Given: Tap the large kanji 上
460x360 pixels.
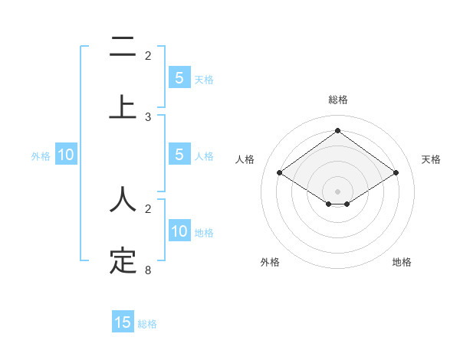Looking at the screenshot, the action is click(x=123, y=107).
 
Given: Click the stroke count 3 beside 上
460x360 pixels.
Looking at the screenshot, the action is click(x=148, y=117).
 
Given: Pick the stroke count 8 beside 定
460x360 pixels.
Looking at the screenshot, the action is click(x=148, y=270).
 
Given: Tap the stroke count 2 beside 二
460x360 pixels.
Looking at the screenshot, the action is click(x=148, y=55).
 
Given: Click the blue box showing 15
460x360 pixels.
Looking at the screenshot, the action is click(x=123, y=322).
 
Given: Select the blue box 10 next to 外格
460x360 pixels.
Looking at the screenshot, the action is click(x=66, y=155).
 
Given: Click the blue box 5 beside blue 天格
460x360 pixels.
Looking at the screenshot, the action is click(x=179, y=78).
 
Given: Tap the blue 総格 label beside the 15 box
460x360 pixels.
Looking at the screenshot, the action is click(x=147, y=324).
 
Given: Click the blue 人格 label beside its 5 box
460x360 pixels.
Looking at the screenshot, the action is click(x=204, y=156).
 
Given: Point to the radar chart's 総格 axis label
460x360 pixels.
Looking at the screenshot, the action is click(x=337, y=100).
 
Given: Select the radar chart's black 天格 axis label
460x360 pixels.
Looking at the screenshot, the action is click(x=432, y=159).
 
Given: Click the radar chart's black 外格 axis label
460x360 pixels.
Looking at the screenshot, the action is click(x=270, y=262).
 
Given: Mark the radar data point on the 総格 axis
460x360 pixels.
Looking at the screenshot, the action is click(x=337, y=130).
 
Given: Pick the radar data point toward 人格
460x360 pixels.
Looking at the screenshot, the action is click(x=280, y=173).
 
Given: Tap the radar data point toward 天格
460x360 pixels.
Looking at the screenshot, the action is click(x=396, y=173).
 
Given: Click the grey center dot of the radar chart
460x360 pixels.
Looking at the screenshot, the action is click(x=337, y=191).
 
